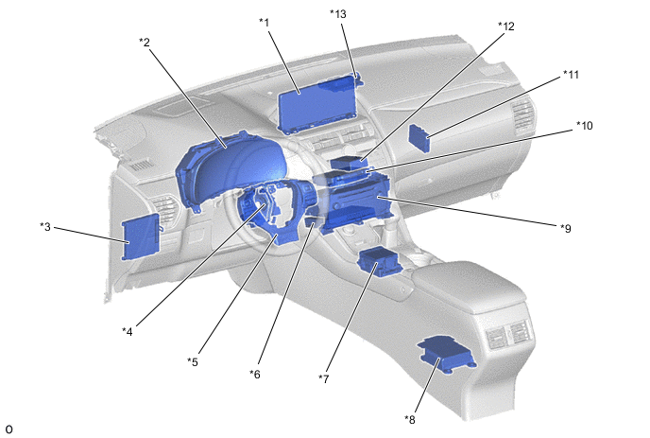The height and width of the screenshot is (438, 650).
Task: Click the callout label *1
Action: coord(265,22)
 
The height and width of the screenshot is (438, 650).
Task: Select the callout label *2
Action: coord(145,42)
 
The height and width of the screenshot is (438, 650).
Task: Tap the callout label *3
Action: coord(45,227)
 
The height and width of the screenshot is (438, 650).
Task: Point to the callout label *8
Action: coord(410,419)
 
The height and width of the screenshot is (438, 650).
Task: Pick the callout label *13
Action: coord(338,13)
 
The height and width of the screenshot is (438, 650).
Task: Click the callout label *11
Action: coord(571,75)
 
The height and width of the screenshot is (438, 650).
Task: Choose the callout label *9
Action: coord(566,228)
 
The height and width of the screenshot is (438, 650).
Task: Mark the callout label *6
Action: coord(255,374)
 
